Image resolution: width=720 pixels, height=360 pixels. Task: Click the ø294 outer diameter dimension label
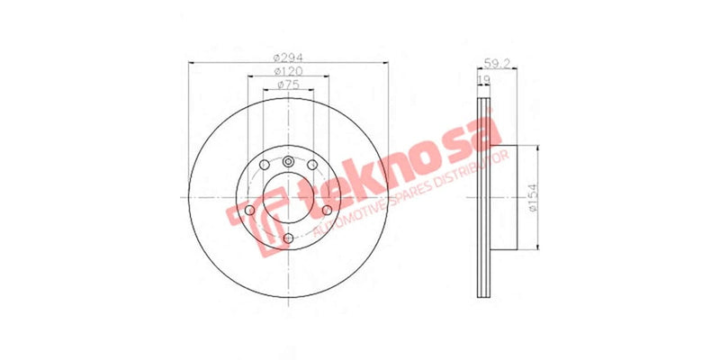[287, 57]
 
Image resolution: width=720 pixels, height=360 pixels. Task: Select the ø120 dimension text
[287, 70]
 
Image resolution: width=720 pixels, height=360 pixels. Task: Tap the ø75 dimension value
[287, 85]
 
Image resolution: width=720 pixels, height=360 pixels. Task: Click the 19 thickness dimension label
[483, 81]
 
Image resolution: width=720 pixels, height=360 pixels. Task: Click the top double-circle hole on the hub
[288, 162]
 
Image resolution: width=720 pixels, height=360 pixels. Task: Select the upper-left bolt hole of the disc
[264, 169]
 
